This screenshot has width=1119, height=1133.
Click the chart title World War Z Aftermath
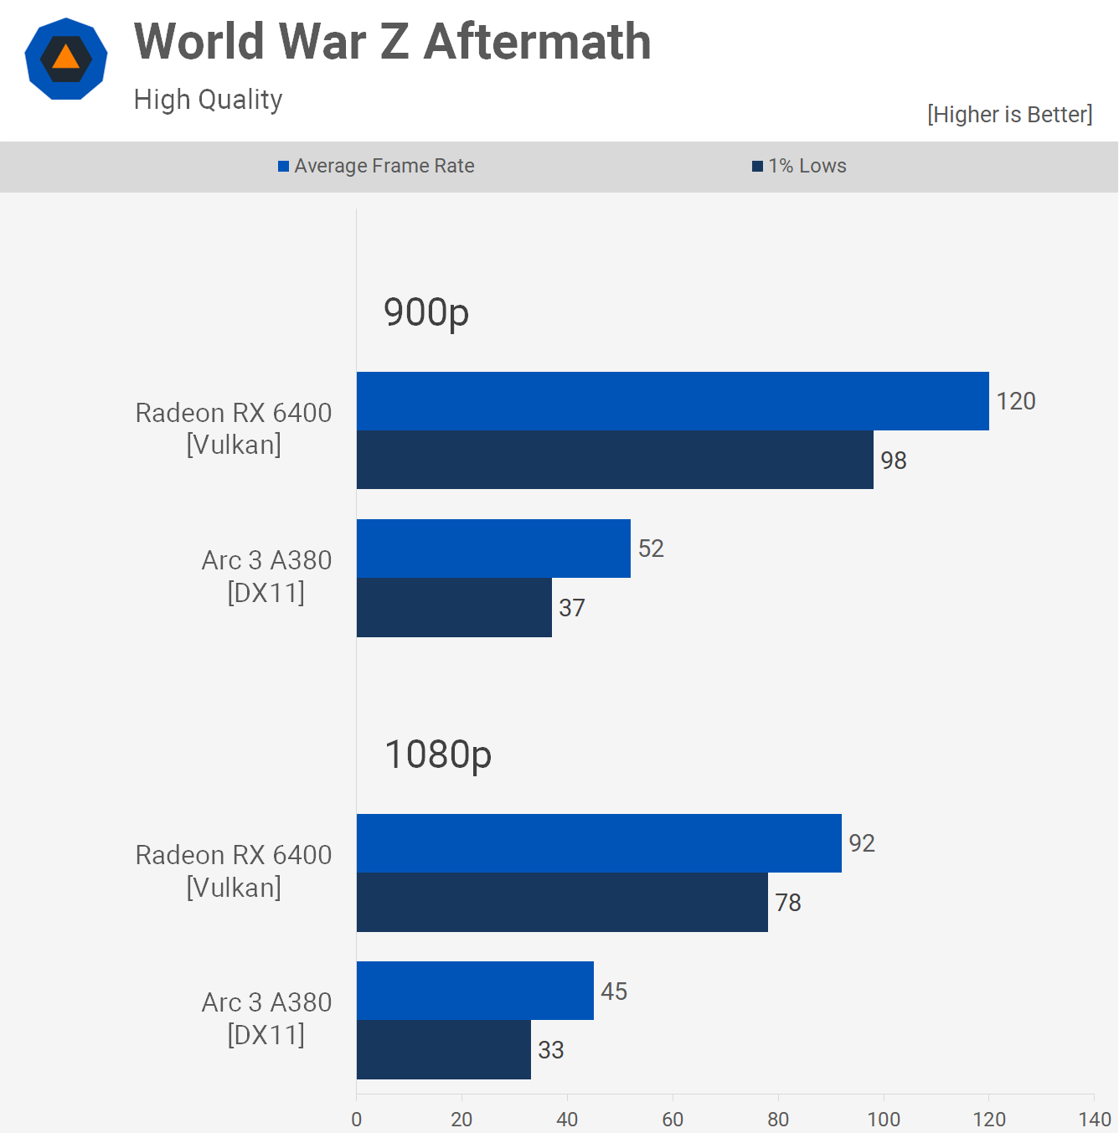[392, 42]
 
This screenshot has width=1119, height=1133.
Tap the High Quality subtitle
[208, 100]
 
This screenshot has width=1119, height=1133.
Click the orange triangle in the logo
[65, 58]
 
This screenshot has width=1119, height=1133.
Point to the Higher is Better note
[1009, 115]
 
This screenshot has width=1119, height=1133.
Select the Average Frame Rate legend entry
[376, 166]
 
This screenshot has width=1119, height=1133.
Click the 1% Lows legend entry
[799, 166]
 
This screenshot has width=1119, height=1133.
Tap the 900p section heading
[425, 312]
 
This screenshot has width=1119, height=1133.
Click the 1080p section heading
[437, 754]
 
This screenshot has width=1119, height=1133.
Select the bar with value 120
[673, 401]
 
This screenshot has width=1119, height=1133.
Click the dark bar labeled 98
[615, 460]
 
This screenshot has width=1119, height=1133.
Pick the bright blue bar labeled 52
[493, 548]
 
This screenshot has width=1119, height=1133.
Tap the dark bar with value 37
[454, 608]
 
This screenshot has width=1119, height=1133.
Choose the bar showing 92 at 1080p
[599, 843]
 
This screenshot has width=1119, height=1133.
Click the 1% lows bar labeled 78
[562, 903]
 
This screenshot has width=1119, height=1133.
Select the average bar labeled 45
[475, 991]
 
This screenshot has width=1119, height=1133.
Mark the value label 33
[550, 1050]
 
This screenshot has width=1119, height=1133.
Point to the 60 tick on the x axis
[673, 1119]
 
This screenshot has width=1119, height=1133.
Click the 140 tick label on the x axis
[1094, 1119]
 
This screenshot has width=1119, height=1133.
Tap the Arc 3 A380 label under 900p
[266, 576]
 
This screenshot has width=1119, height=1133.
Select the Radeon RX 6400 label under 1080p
[234, 871]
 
